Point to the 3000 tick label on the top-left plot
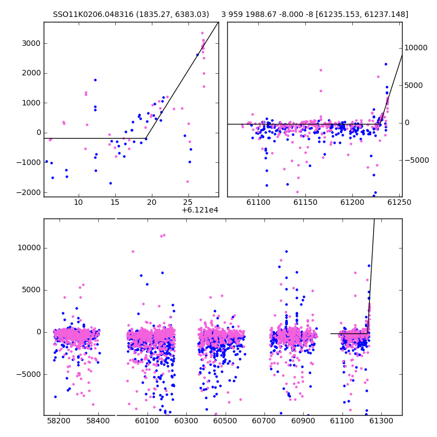coord(31,44)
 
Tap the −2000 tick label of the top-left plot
coord(28,192)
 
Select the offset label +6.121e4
coord(200,210)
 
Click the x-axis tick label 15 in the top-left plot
coord(115,202)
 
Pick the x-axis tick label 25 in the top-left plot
coord(188,202)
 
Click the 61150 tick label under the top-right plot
coord(305,202)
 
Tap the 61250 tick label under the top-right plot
coord(399,202)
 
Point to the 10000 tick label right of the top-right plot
coord(416,48)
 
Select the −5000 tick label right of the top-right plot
coord(417,160)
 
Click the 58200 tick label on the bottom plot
coord(59,421)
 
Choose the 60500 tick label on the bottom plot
coord(225,421)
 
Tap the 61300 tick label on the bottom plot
coord(381,421)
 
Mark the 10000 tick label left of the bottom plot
coord(29,248)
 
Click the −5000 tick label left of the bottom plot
coord(28,374)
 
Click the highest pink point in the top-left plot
coord(202,33)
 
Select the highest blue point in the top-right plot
coord(386,64)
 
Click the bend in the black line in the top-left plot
coord(146,138)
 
